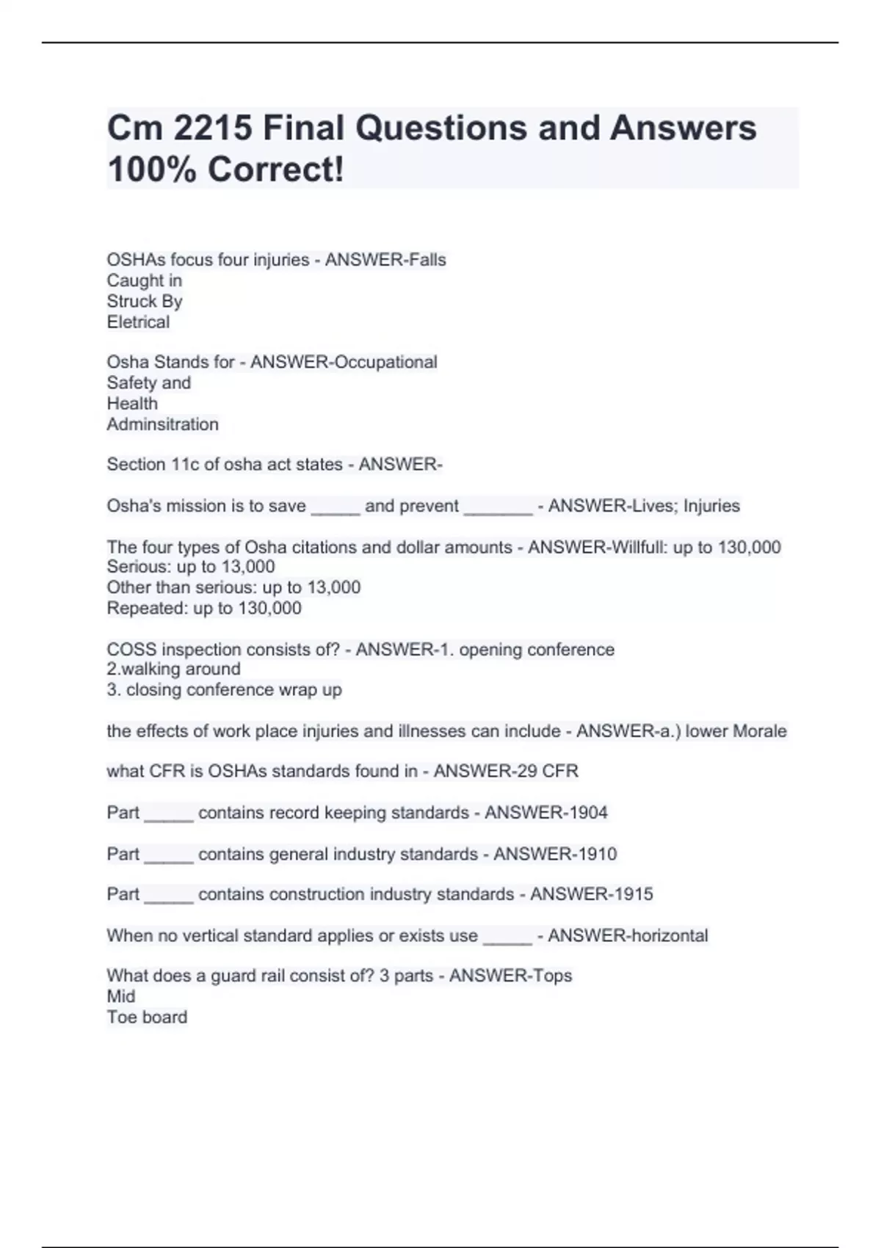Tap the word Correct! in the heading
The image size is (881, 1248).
(x=275, y=170)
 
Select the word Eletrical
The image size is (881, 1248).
(x=138, y=322)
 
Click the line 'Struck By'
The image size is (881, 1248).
(x=145, y=302)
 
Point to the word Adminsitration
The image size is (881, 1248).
(x=162, y=424)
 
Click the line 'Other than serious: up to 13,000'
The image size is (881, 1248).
(x=233, y=587)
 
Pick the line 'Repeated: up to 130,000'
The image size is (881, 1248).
(x=204, y=608)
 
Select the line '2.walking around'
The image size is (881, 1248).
(x=173, y=670)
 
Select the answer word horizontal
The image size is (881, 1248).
(x=664, y=936)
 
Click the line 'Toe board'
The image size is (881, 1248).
(x=147, y=1017)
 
